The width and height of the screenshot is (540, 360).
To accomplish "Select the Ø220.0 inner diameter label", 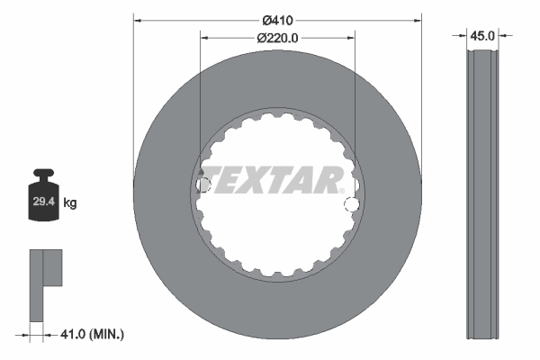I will coord(278,38).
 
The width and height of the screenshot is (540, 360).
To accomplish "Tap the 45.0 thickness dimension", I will coord(483,36).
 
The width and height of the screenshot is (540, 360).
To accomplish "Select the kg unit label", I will coord(70,203).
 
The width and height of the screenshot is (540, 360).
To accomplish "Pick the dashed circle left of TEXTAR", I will coord(203,184).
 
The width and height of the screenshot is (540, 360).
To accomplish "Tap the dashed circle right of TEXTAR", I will coord(351,205).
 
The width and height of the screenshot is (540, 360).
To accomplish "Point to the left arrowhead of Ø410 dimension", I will coord(137,17).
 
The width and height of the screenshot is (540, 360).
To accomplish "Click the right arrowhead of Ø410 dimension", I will coord(418,17).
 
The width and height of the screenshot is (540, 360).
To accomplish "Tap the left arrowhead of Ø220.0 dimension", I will coord(203,38).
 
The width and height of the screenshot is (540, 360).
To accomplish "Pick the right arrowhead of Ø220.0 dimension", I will coord(352,38).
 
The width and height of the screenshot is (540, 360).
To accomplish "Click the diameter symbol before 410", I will coord(266,17).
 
